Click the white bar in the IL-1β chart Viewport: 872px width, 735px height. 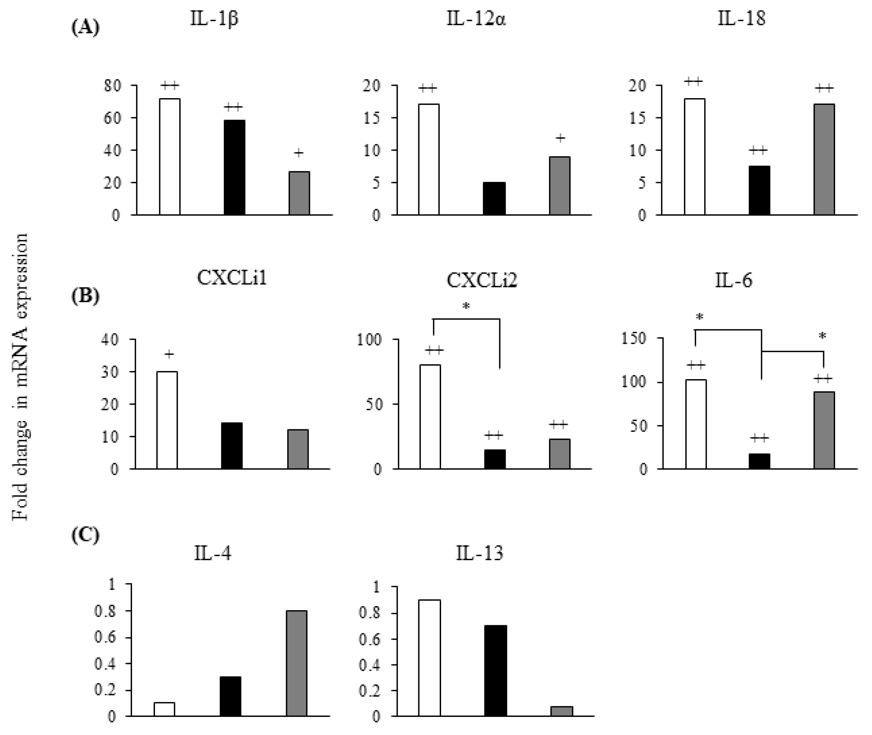pos(170,157)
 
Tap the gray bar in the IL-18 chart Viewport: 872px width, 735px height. pos(824,159)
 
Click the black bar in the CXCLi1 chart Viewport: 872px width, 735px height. pos(232,446)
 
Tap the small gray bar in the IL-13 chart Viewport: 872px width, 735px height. pos(561,711)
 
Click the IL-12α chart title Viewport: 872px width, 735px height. pos(476,19)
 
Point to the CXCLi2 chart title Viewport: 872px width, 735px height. pos(481,280)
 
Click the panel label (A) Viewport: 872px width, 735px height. pos(85,28)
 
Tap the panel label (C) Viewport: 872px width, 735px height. pos(85,536)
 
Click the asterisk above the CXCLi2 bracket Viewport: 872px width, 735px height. pos(466,307)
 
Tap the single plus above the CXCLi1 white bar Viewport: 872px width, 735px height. pos(169,354)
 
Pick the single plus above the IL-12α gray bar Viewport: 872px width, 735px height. pos(560,138)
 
